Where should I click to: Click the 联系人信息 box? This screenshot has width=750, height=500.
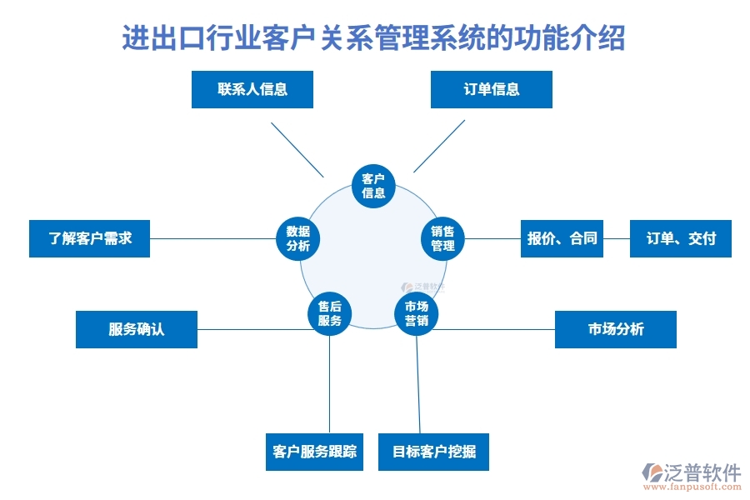pos(252,90)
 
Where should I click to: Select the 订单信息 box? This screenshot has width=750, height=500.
pos(491,90)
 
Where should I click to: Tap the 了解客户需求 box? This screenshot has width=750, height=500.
pos(89,238)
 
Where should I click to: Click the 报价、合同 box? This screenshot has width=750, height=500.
pos(562,238)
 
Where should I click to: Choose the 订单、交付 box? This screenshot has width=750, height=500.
pos(680,238)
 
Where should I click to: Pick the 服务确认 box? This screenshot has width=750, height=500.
pos(137,329)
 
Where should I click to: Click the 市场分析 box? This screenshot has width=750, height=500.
pos(615,329)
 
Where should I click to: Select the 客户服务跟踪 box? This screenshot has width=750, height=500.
pos(314,452)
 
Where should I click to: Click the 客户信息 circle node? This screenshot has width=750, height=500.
pos(373,186)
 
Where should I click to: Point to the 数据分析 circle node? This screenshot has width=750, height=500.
pos(297,238)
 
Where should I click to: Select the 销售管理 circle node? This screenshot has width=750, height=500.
pos(442,238)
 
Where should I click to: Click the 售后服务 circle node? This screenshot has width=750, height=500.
pos(329,313)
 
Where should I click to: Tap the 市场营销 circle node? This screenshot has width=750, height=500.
pos(416,313)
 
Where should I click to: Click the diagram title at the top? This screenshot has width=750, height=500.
pos(374,38)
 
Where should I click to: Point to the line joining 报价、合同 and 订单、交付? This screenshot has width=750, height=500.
pos(617,238)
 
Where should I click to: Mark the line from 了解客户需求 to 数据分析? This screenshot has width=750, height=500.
pos(212,238)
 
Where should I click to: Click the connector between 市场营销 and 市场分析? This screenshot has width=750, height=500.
pos(496,329)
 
